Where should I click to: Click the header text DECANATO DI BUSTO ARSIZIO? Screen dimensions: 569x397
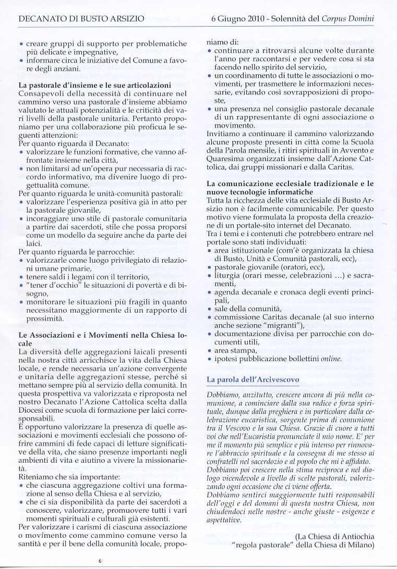click(x=81, y=19)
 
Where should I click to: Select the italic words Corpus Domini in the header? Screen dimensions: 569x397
click(x=354, y=19)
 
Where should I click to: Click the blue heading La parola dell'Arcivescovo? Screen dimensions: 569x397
click(x=253, y=380)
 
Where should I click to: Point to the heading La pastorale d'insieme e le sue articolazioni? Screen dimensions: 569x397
click(x=94, y=84)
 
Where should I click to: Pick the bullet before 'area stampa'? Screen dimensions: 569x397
click(x=209, y=350)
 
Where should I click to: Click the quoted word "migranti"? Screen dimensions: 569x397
click(x=283, y=326)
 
